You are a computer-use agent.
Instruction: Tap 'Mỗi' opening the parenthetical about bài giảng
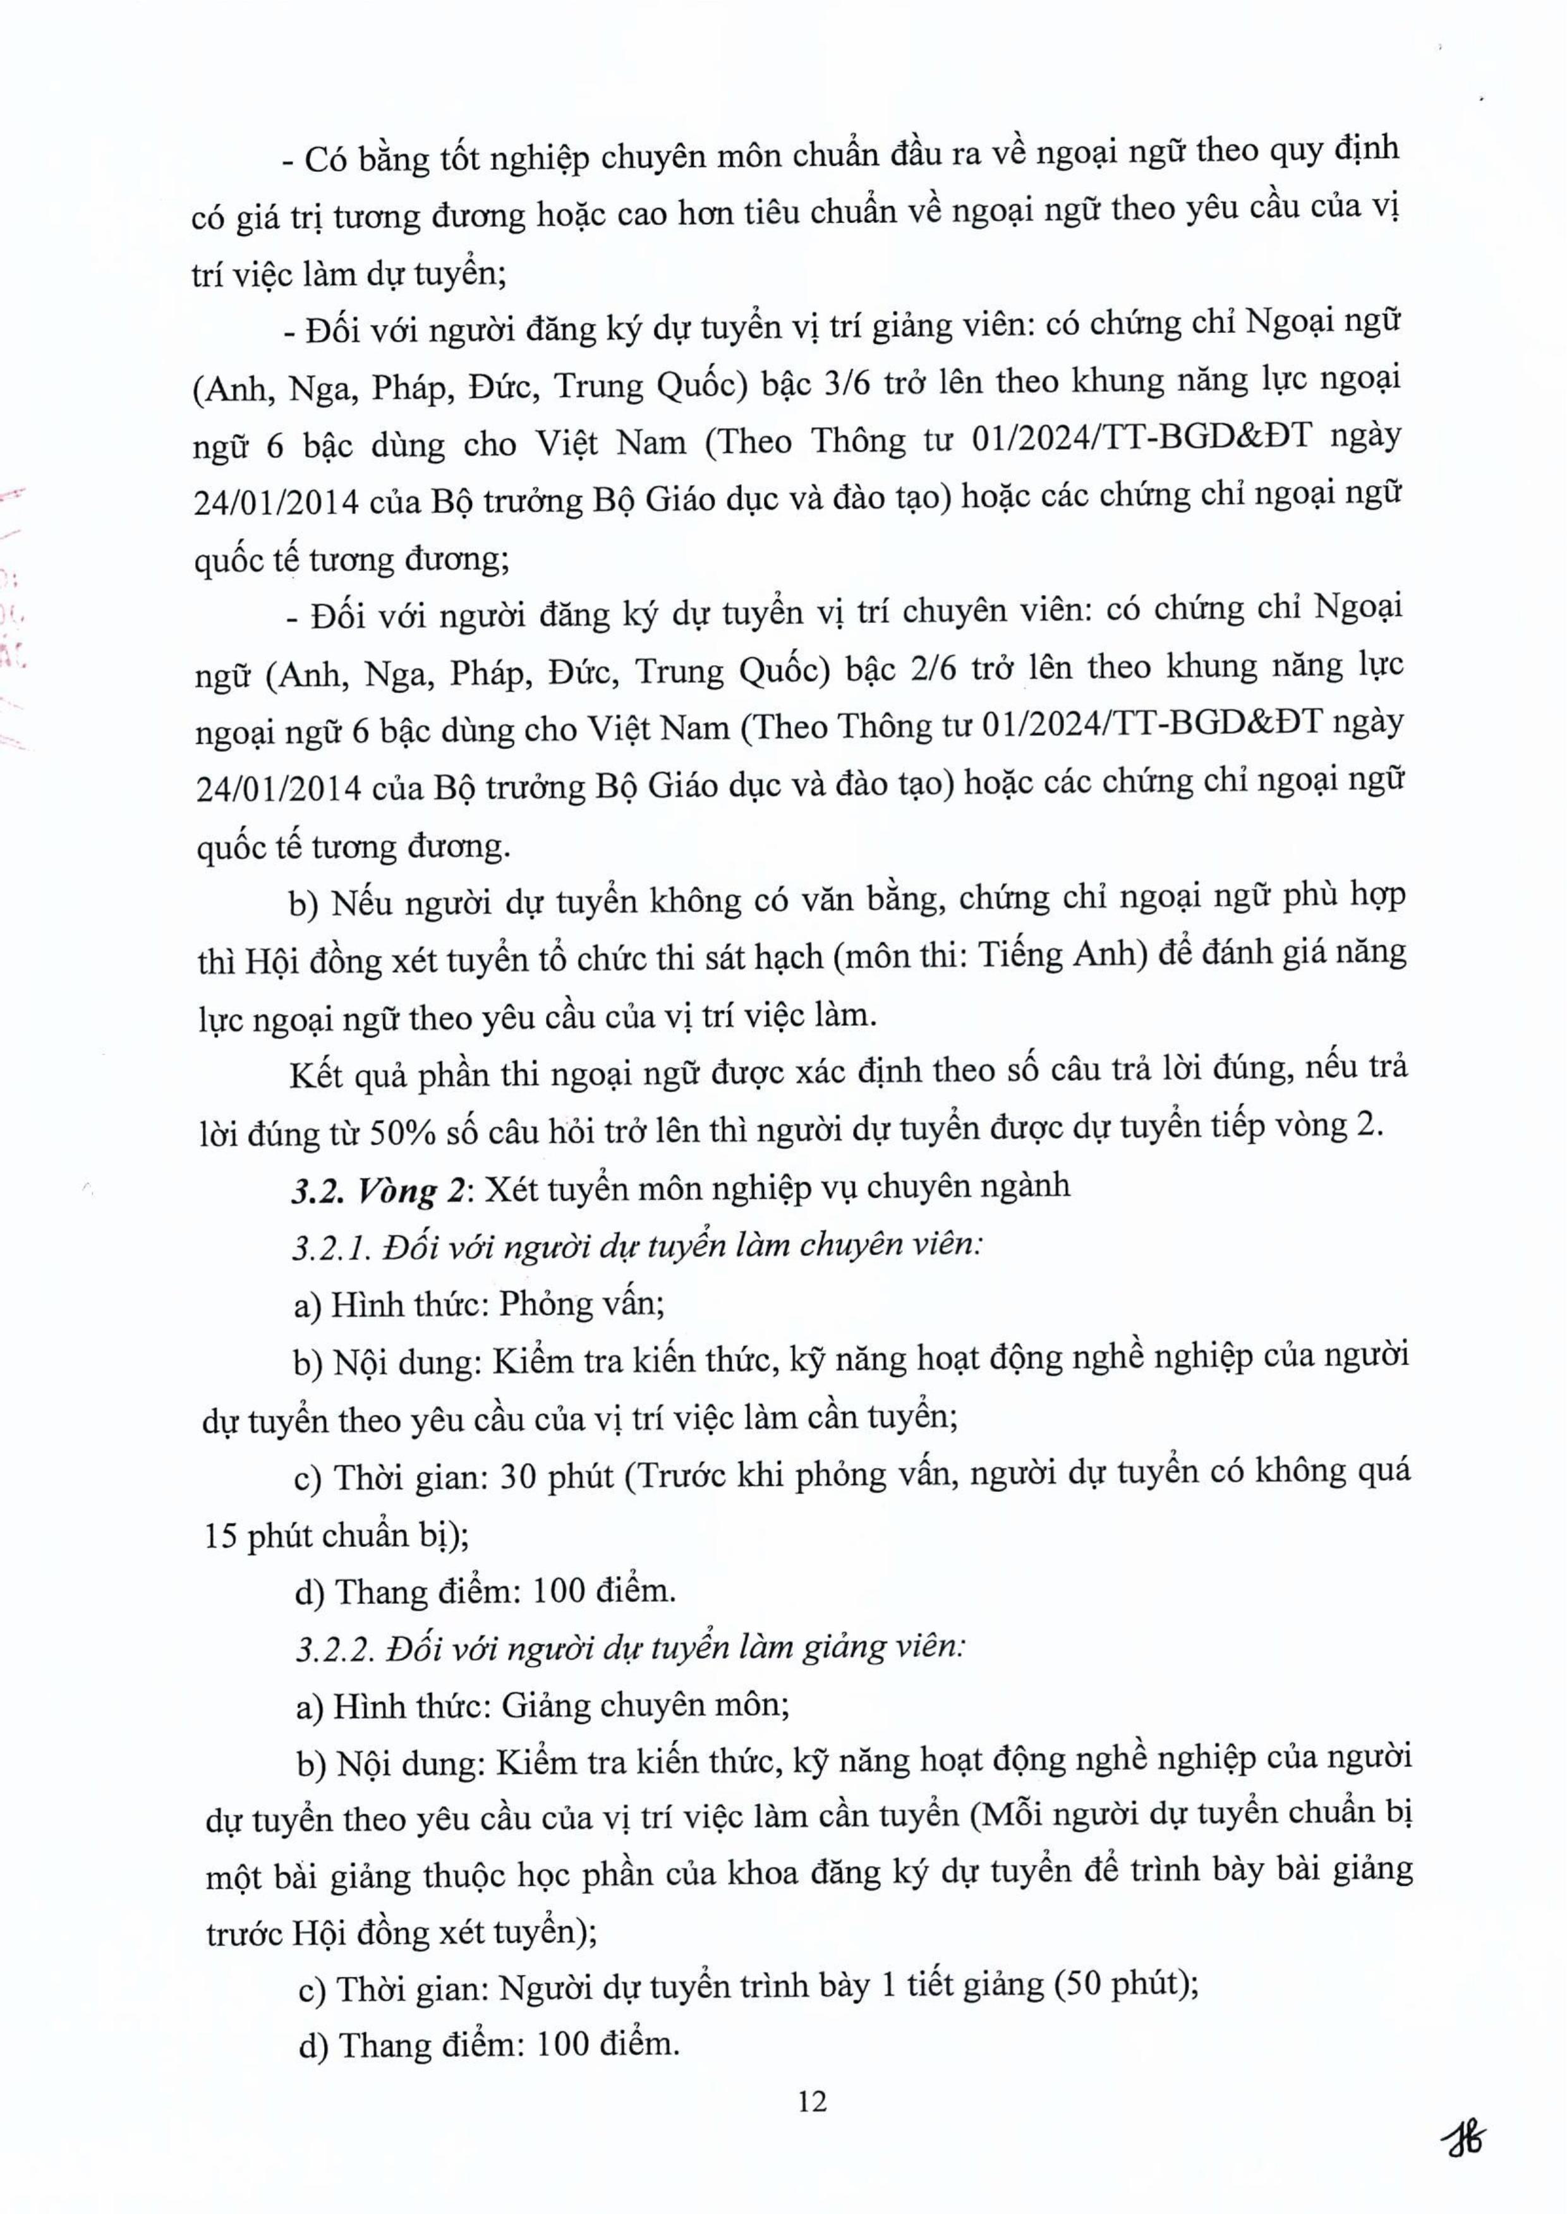pyautogui.click(x=1005, y=1815)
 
